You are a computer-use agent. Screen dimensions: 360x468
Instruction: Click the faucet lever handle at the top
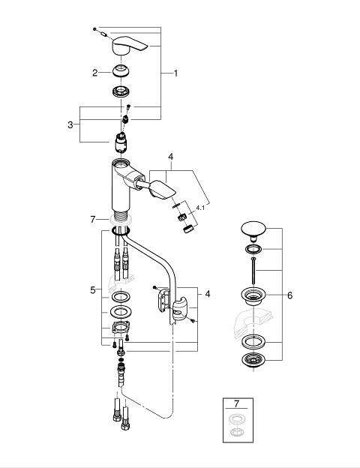(x=128, y=45)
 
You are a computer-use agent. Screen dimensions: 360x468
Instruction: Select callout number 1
(x=175, y=73)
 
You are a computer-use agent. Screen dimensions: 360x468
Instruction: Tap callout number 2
(x=95, y=73)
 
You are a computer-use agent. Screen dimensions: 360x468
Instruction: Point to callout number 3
(x=70, y=124)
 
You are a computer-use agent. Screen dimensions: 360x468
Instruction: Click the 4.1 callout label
(x=200, y=208)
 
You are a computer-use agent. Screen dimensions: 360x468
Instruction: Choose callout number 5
(x=93, y=289)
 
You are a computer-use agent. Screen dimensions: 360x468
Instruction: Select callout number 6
(x=289, y=295)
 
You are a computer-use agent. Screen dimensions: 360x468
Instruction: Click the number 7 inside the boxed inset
(x=237, y=403)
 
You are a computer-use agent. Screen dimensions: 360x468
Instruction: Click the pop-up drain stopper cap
(x=253, y=229)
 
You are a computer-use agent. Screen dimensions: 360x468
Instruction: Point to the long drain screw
(x=253, y=271)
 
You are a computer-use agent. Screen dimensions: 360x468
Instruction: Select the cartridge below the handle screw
(x=121, y=142)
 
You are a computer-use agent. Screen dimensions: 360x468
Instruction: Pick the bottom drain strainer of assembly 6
(x=253, y=360)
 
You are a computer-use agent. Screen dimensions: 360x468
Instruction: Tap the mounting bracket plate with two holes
(x=121, y=328)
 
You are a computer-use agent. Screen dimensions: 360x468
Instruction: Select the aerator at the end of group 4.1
(x=188, y=230)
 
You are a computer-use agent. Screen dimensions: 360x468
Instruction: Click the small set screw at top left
(x=94, y=29)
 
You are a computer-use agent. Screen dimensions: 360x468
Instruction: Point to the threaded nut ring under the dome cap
(x=121, y=91)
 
